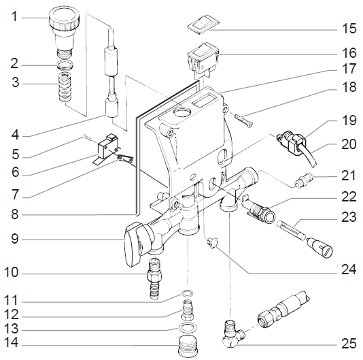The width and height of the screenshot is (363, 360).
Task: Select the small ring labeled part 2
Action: pyautogui.click(x=65, y=65)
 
